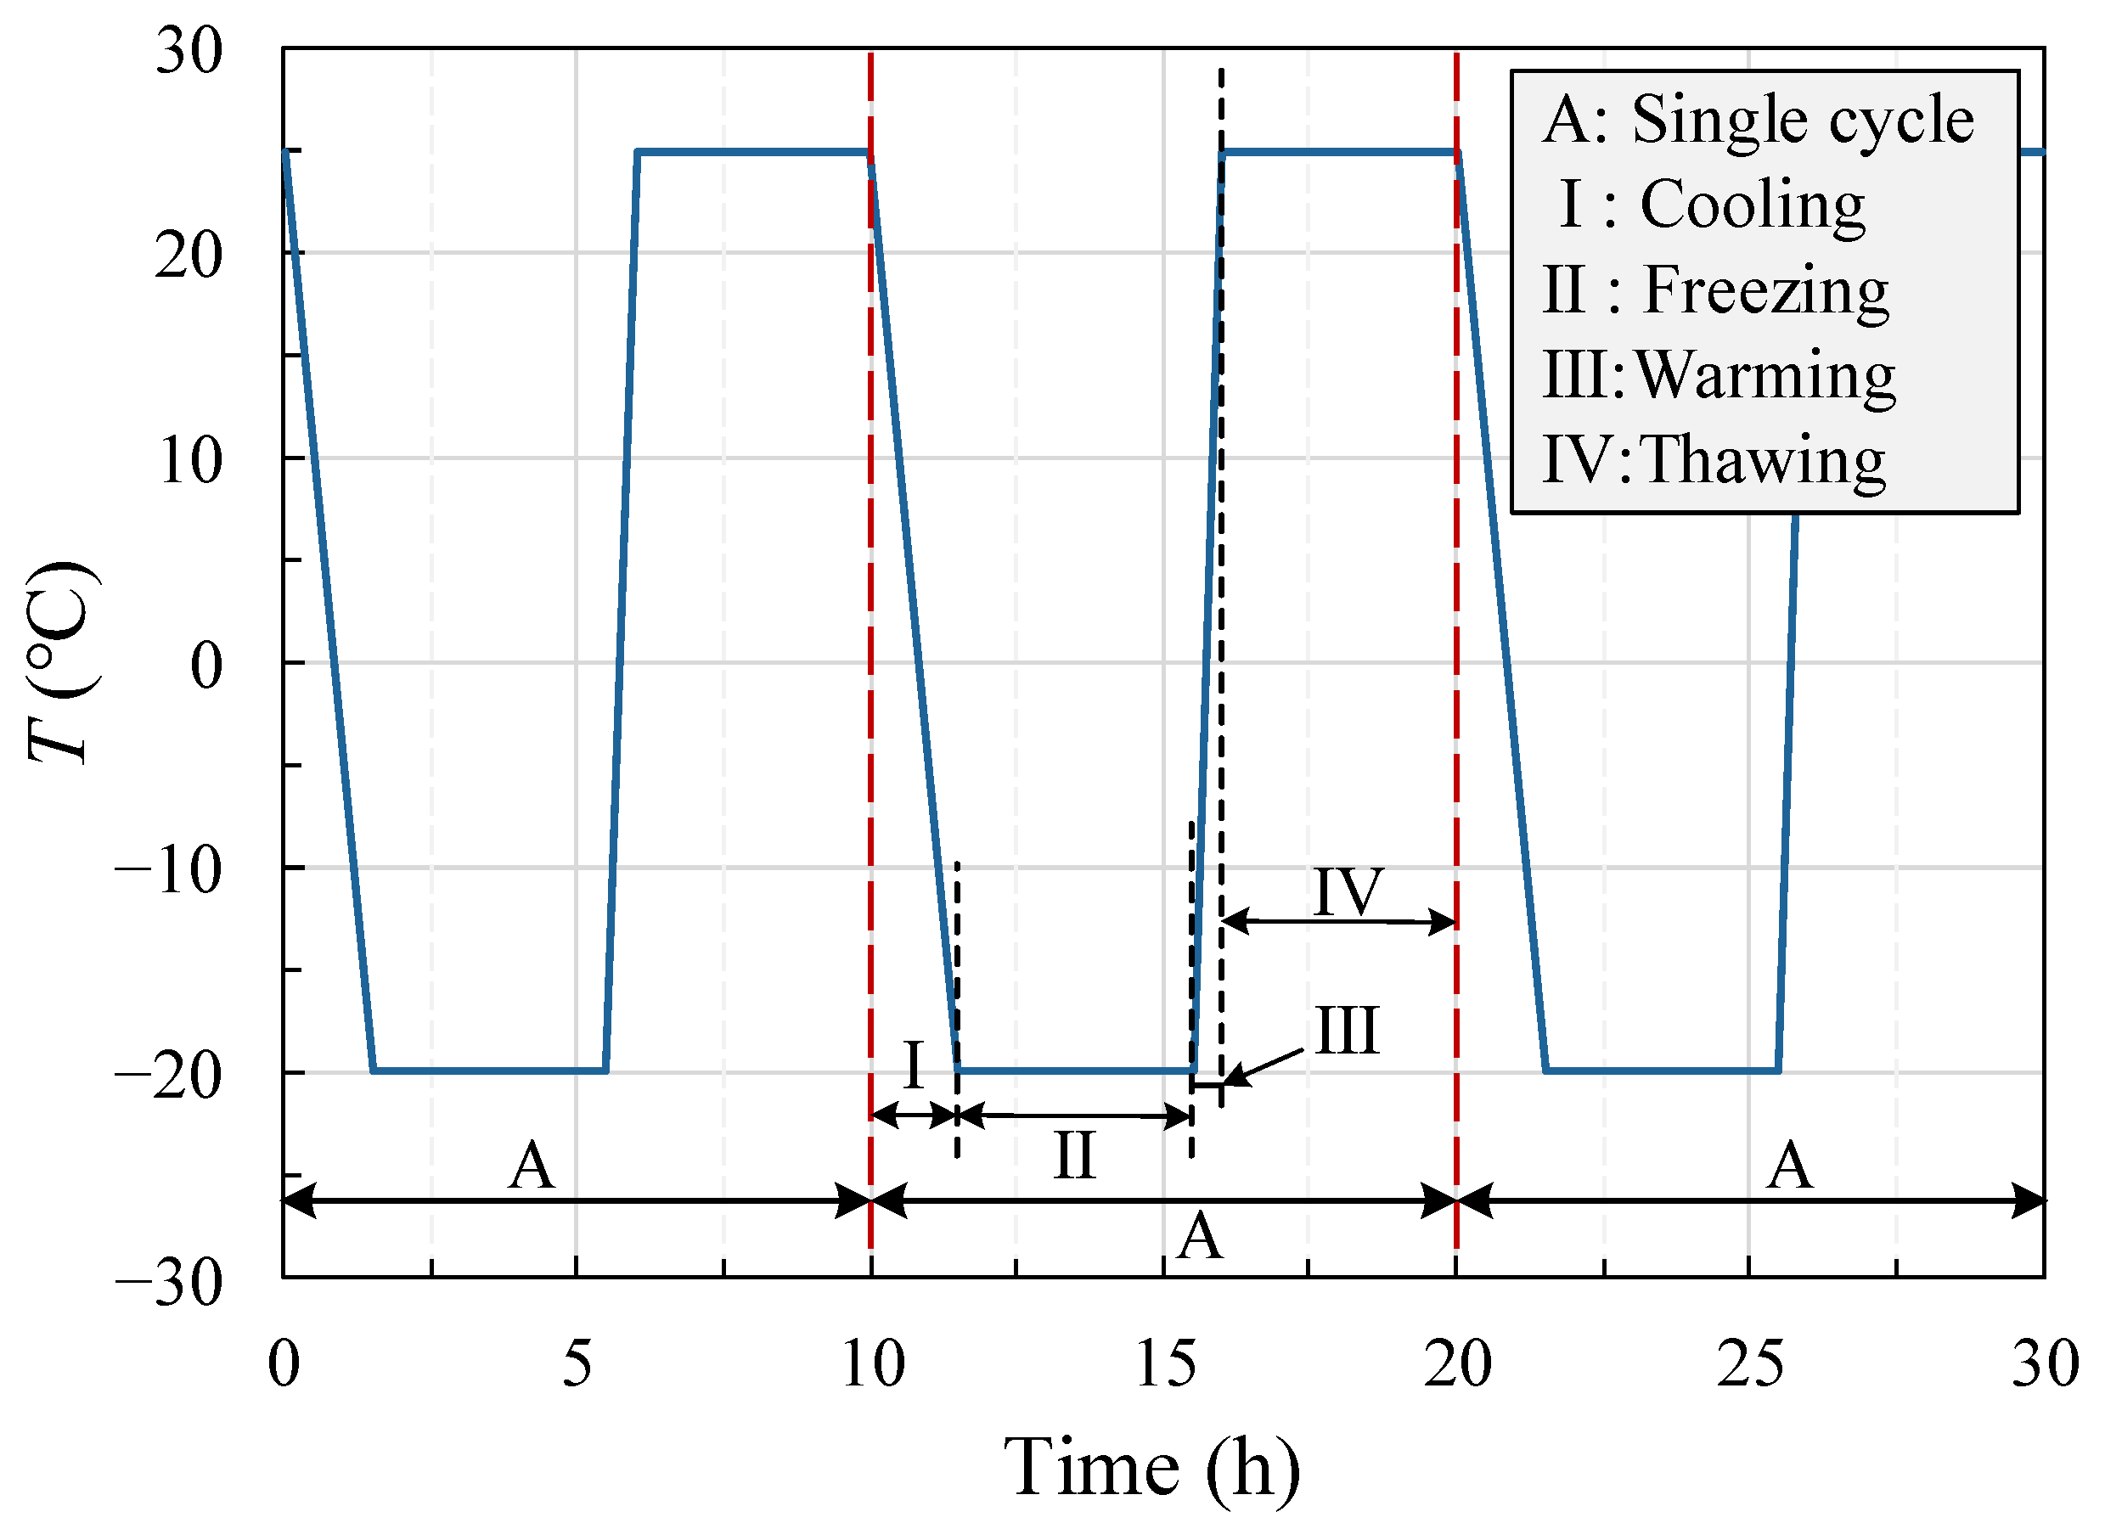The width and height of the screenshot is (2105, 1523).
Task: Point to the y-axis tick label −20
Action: (x=169, y=1076)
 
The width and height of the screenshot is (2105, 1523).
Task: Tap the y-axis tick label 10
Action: (x=190, y=460)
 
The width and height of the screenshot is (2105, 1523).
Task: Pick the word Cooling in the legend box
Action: (x=1753, y=205)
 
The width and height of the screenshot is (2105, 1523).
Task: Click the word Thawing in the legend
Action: (x=1764, y=460)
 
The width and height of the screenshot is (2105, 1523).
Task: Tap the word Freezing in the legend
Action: (x=1766, y=290)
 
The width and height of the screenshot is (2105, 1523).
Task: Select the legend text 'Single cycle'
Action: (x=1803, y=120)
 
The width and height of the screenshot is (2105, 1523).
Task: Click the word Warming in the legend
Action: (x=1766, y=376)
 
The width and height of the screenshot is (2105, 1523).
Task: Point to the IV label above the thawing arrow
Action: (x=1348, y=892)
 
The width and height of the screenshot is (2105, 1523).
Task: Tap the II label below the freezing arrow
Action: (x=1075, y=1156)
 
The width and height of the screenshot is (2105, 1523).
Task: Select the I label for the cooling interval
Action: (x=914, y=1065)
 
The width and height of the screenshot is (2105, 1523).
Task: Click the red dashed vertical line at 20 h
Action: (x=1456, y=649)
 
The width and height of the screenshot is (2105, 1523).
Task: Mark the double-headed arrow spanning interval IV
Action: (x=1338, y=923)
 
